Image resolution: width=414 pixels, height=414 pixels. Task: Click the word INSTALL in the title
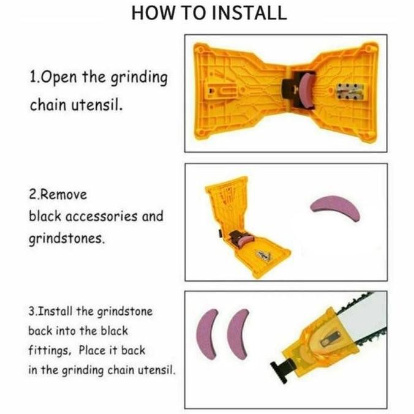pos(249,13)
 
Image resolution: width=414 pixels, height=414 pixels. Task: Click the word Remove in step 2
pos(64,195)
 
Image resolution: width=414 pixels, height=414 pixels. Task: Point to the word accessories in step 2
pos(102,216)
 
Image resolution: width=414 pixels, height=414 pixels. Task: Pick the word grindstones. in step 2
pos(67,239)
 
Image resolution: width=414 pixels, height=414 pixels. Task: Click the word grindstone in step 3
pos(125,312)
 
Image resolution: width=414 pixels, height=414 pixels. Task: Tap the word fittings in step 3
pos(50,351)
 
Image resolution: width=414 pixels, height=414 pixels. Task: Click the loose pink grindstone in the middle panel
pos(334,205)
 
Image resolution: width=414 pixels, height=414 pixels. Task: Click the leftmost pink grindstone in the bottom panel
pos(207,334)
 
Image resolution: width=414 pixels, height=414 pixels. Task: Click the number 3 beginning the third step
pos(31,312)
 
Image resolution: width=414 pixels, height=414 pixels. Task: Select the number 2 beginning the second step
pos(32,195)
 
